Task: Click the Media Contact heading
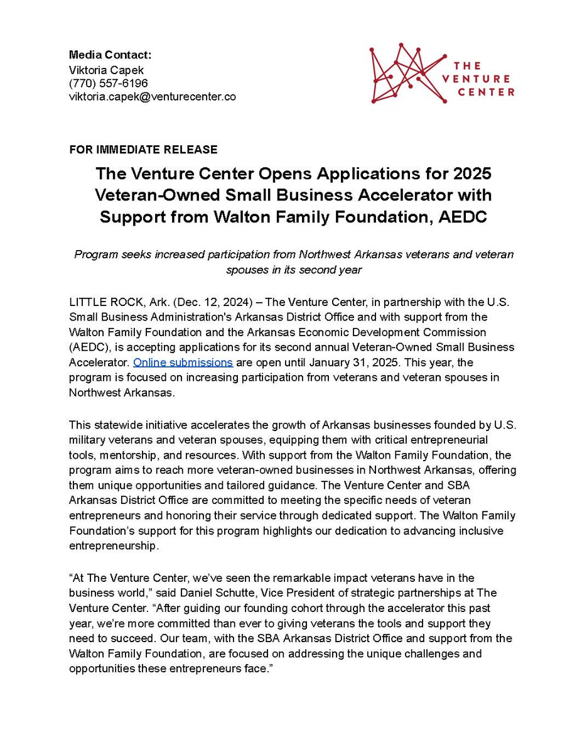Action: click(105, 55)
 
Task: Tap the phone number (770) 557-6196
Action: click(108, 83)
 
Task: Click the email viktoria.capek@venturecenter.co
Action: click(152, 97)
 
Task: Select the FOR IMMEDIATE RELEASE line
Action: click(143, 150)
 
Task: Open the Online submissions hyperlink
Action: click(183, 363)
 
